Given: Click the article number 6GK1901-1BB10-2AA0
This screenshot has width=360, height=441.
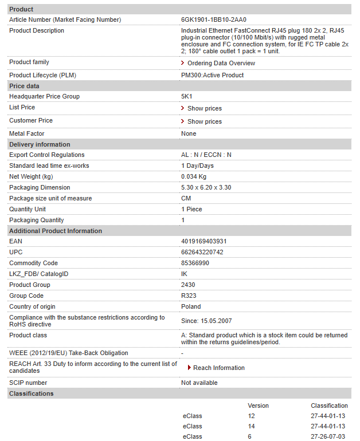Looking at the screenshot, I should [213, 19].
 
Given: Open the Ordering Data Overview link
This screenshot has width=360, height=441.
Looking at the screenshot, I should [221, 63].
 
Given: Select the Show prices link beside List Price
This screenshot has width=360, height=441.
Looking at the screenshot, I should [204, 108].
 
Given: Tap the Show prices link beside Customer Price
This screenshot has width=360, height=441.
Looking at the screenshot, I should [204, 121].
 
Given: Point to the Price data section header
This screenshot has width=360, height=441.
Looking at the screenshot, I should [25, 85].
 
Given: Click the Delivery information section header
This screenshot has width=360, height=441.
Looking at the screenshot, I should [40, 144].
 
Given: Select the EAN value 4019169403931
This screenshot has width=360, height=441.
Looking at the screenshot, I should [204, 241].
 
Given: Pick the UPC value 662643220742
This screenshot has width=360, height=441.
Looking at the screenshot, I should [202, 252].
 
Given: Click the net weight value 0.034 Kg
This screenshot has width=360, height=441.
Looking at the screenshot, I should [194, 176].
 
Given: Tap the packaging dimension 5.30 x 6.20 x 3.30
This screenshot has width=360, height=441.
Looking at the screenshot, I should [206, 187].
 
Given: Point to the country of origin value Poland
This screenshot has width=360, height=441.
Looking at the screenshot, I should [191, 306].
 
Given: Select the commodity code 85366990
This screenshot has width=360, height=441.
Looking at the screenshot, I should [195, 263].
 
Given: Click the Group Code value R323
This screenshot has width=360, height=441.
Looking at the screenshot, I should [189, 296].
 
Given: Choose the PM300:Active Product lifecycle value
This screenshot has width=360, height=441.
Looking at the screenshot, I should [212, 75].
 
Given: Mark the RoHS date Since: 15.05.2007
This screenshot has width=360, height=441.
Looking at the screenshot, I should [206, 321].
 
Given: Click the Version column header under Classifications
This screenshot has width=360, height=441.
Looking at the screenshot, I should [258, 405].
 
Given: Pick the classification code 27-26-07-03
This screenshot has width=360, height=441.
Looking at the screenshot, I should [328, 436].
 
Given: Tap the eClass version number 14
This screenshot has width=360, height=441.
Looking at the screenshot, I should [251, 426].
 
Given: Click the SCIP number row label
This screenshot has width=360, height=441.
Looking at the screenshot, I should [28, 383].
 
